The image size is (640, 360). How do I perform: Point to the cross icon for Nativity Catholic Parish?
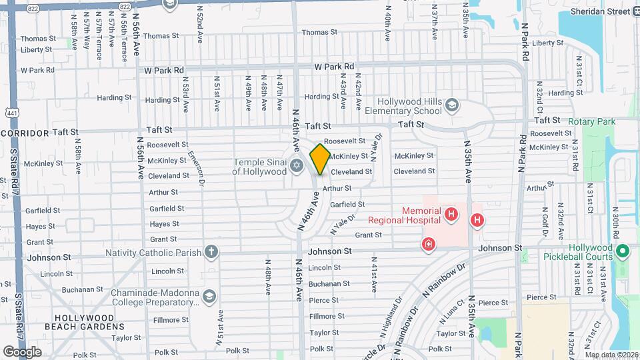tap(211, 252)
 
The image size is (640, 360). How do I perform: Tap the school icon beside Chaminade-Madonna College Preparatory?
tap(209, 295)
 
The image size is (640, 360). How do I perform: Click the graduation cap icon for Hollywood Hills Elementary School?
tap(453, 105)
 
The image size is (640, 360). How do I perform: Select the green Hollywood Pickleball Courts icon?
tap(623, 251)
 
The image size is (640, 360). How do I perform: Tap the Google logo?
tap(22, 351)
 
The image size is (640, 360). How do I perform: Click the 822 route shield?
tap(124, 5)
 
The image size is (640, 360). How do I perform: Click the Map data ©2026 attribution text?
tap(611, 355)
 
